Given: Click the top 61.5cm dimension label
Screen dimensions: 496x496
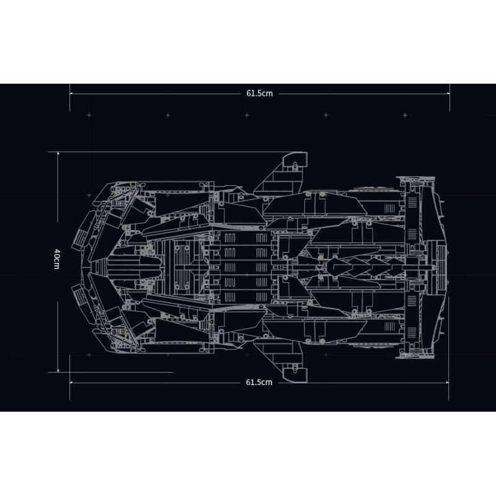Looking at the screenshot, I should (x=259, y=94).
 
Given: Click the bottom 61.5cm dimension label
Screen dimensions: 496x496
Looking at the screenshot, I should (x=259, y=382).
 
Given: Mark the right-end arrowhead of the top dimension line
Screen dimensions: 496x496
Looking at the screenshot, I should (x=448, y=94).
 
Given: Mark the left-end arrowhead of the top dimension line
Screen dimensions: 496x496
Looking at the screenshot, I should (x=71, y=94).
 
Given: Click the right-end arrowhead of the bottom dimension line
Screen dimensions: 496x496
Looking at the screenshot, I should (x=448, y=382).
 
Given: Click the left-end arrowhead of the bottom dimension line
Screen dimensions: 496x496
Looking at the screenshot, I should (x=71, y=382).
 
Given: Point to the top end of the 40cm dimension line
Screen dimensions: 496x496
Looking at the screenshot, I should (x=58, y=152).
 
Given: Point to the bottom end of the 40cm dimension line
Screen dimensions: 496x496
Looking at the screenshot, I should (x=58, y=371).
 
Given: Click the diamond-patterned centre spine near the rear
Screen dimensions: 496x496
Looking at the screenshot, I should (x=366, y=267).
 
